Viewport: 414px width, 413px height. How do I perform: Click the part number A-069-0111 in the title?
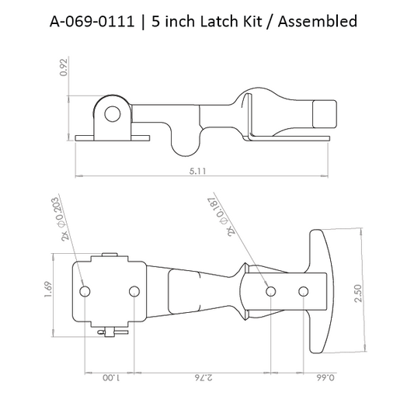pyautogui.click(x=88, y=21)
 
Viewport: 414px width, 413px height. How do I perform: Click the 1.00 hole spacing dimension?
pyautogui.click(x=110, y=380)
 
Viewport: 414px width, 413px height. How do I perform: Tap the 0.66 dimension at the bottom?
pyautogui.click(x=312, y=380)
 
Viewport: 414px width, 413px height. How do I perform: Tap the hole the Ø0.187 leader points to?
pyautogui.click(x=270, y=291)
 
